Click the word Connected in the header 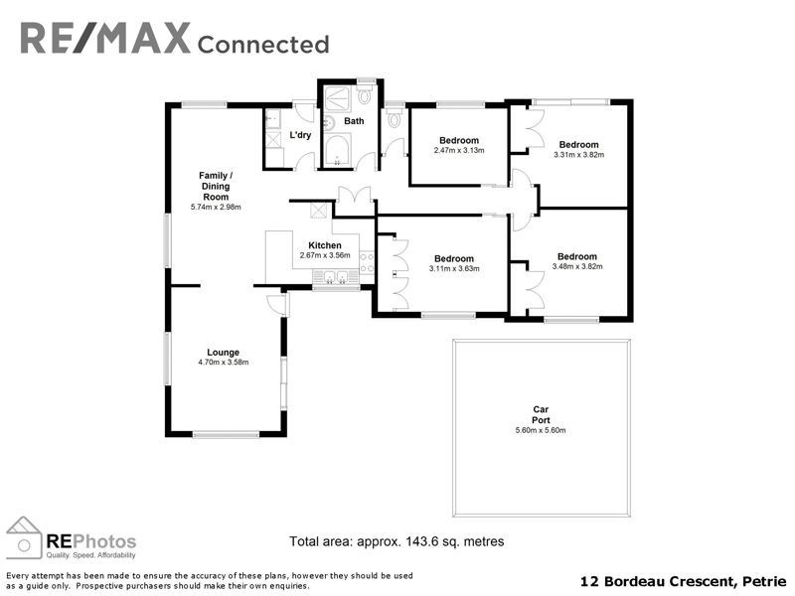pyautogui.click(x=263, y=44)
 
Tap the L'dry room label pyautogui.click(x=300, y=135)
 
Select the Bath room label pyautogui.click(x=354, y=122)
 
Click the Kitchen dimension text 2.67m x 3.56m pyautogui.click(x=325, y=255)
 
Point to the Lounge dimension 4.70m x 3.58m pyautogui.click(x=223, y=363)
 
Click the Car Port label pyautogui.click(x=541, y=414)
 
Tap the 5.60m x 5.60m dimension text pyautogui.click(x=541, y=430)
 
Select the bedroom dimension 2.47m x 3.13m pyautogui.click(x=458, y=151)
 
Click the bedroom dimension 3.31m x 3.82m pyautogui.click(x=578, y=154)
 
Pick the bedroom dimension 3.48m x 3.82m pyautogui.click(x=576, y=266)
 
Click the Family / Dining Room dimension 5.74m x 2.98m pyautogui.click(x=216, y=208)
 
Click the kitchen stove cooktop pyautogui.click(x=367, y=261)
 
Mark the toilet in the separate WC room pyautogui.click(x=396, y=120)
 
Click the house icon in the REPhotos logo pyautogui.click(x=24, y=538)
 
